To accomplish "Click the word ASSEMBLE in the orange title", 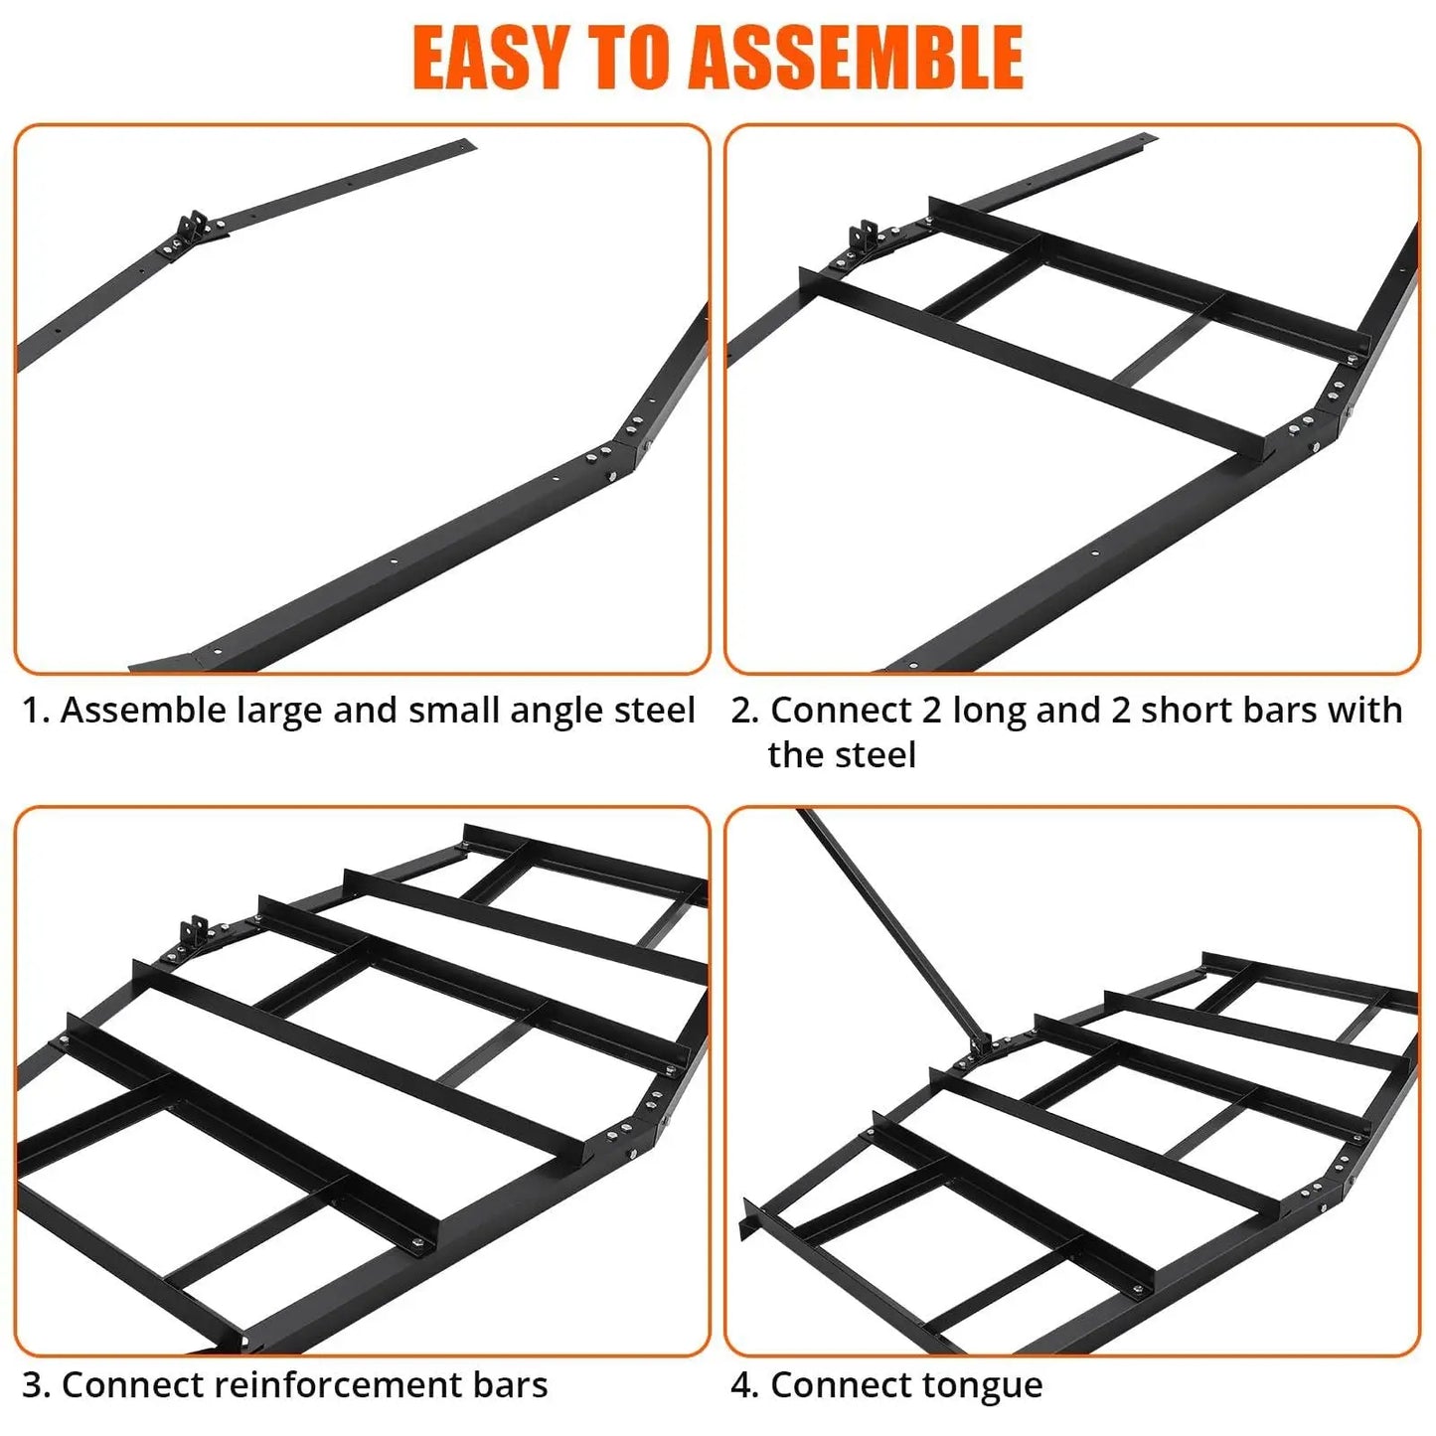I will (x=856, y=58).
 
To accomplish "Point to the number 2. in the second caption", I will (x=745, y=711).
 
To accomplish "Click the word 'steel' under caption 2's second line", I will (x=878, y=755).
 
